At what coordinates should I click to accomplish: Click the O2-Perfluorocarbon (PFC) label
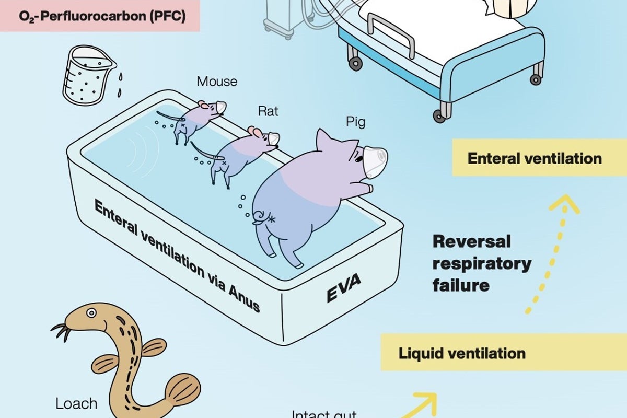pos(100,16)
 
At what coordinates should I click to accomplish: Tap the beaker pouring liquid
pos(87,76)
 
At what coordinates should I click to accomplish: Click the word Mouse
pos(217,82)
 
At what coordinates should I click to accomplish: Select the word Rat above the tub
pos(268,111)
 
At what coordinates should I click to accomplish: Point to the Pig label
pos(355,122)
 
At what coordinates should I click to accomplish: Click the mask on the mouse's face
pos(221,108)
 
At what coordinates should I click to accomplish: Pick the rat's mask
pos(273,139)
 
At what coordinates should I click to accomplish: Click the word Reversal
pos(465,242)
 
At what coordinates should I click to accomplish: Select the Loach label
pos(76,404)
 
